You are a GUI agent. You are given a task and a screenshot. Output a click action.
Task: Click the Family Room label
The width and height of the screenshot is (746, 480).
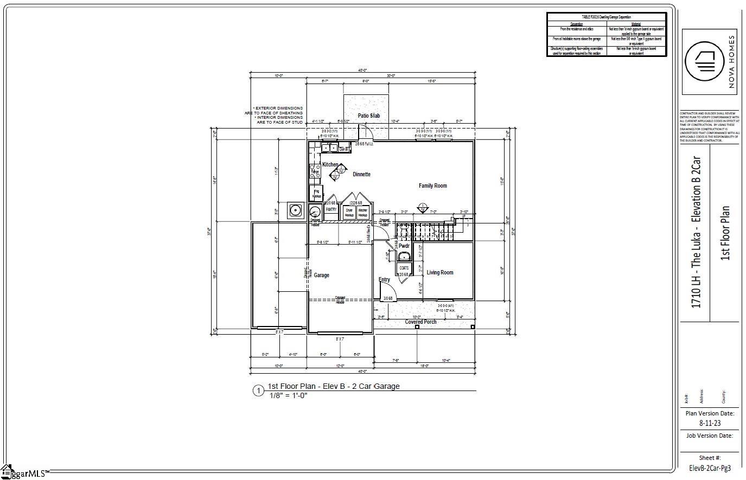pyautogui.click(x=432, y=186)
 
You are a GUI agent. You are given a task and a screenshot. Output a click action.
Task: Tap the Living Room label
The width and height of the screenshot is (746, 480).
pyautogui.click(x=439, y=273)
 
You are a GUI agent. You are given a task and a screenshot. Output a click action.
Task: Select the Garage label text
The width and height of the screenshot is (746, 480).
pyautogui.click(x=321, y=276)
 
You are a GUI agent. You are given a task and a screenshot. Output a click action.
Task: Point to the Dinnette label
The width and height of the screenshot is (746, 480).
pyautogui.click(x=361, y=175)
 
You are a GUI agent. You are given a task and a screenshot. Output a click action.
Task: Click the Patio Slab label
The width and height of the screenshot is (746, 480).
pyautogui.click(x=368, y=116)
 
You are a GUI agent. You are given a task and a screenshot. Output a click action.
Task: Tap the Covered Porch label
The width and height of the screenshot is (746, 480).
pyautogui.click(x=420, y=322)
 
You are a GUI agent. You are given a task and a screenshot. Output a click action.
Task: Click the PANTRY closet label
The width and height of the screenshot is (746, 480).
pyautogui.click(x=331, y=209)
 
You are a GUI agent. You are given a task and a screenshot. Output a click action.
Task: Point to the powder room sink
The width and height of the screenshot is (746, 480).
pyautogui.click(x=404, y=257)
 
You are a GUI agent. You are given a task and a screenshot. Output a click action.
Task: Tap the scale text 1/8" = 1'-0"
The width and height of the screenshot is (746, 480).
pyautogui.click(x=289, y=395)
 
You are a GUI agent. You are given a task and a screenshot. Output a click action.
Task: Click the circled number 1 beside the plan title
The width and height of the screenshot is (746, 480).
pyautogui.click(x=258, y=391)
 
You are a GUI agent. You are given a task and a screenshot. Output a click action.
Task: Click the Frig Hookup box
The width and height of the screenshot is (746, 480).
pyautogui.click(x=316, y=193)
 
